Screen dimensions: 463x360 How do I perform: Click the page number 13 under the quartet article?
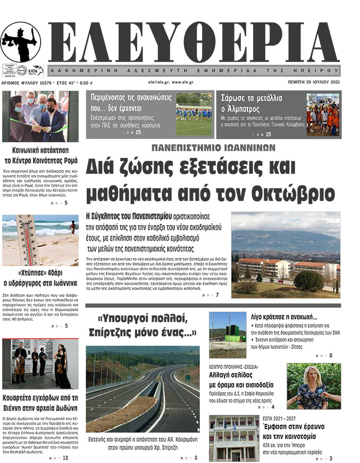coord(65,457)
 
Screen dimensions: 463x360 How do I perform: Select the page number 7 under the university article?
coord(217,295)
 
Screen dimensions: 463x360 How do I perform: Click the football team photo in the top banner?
coord(194,114)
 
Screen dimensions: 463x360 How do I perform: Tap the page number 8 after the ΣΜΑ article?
coord(331,355)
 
